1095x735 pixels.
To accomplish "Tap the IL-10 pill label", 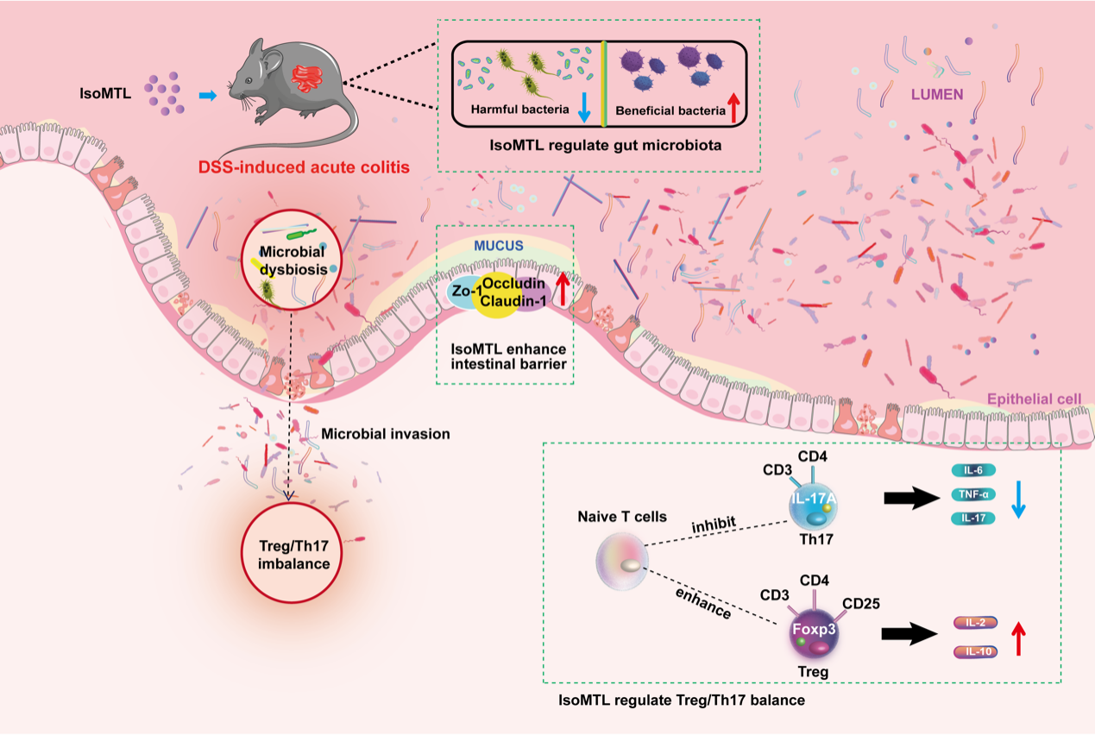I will click(975, 651).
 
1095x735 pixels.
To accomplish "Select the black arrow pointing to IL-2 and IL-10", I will click(909, 634).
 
